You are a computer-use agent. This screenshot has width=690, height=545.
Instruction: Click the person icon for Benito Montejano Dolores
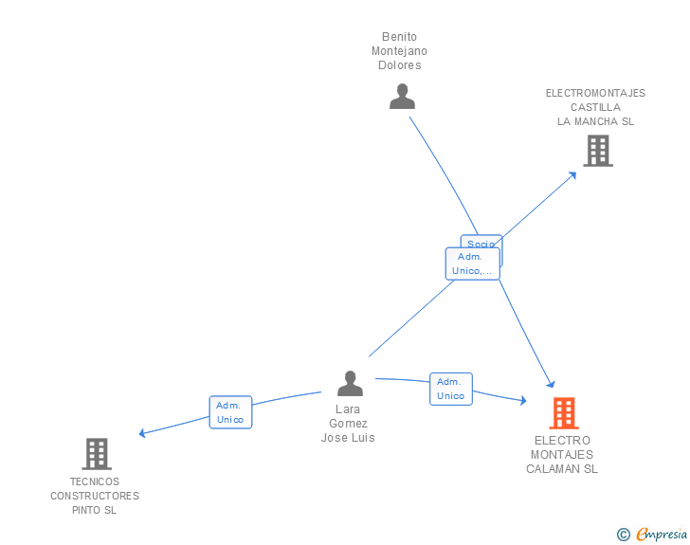(x=402, y=97)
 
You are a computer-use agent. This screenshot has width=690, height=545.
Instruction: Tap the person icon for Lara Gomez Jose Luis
(x=350, y=384)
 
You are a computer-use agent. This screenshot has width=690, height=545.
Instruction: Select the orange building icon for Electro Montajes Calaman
(x=564, y=413)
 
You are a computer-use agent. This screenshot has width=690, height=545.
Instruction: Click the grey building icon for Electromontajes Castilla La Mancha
(x=597, y=151)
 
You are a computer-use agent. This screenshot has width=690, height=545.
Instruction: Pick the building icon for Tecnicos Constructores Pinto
(x=96, y=454)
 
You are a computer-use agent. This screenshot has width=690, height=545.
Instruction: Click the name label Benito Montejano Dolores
(x=399, y=51)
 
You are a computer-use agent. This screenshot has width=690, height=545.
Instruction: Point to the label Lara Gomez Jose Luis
(x=347, y=424)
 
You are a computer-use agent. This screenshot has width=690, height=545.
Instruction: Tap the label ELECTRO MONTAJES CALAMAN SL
(x=562, y=454)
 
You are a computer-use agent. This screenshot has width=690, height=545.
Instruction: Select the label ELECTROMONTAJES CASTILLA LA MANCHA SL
(x=595, y=107)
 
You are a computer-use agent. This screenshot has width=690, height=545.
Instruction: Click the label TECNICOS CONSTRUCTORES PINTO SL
(x=95, y=496)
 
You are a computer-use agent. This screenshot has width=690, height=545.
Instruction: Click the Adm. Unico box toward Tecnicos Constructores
(x=230, y=412)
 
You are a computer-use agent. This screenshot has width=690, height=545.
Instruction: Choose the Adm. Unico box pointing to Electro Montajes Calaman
(x=451, y=389)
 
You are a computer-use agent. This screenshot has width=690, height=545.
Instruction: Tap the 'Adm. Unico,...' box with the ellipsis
(x=472, y=263)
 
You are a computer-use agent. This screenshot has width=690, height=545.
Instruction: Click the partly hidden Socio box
(x=482, y=242)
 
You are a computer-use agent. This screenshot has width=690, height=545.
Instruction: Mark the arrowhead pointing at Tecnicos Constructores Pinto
(x=142, y=433)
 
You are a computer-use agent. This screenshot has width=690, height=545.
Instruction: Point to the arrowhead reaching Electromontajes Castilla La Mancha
(x=572, y=173)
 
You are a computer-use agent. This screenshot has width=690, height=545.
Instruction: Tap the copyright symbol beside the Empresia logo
(x=624, y=535)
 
